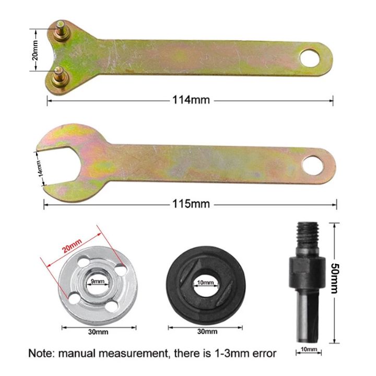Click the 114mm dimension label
click(191, 99)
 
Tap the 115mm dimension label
click(191, 203)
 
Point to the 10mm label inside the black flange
click(206, 283)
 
